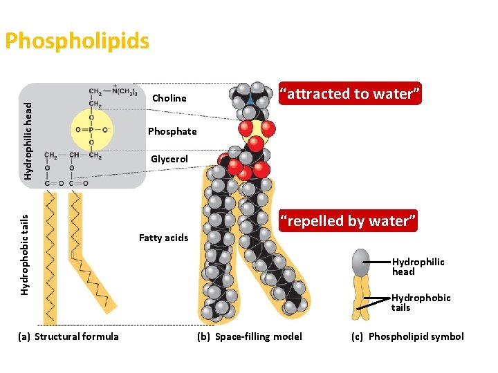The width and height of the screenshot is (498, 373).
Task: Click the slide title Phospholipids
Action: coord(77,41)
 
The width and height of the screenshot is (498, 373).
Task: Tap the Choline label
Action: coord(169,98)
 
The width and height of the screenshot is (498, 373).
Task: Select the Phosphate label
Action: coord(172,131)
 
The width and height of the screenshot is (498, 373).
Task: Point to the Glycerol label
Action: coord(169,160)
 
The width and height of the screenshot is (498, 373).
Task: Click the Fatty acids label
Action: coord(163,238)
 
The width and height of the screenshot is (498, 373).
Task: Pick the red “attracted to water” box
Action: coord(349,94)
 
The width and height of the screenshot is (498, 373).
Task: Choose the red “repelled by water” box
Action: coord(348,221)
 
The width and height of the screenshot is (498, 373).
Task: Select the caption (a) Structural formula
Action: coord(68,336)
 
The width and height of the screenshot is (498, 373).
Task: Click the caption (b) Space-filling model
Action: coord(250,336)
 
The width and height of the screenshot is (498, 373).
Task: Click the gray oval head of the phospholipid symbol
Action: coord(360,263)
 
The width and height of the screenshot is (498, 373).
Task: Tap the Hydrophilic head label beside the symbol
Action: coord(418,267)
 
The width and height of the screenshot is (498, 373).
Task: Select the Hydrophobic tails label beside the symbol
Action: coord(421,303)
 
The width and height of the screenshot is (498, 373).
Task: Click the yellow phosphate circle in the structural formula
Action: coord(92,128)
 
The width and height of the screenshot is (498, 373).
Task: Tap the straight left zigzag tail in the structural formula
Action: coord(50,256)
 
